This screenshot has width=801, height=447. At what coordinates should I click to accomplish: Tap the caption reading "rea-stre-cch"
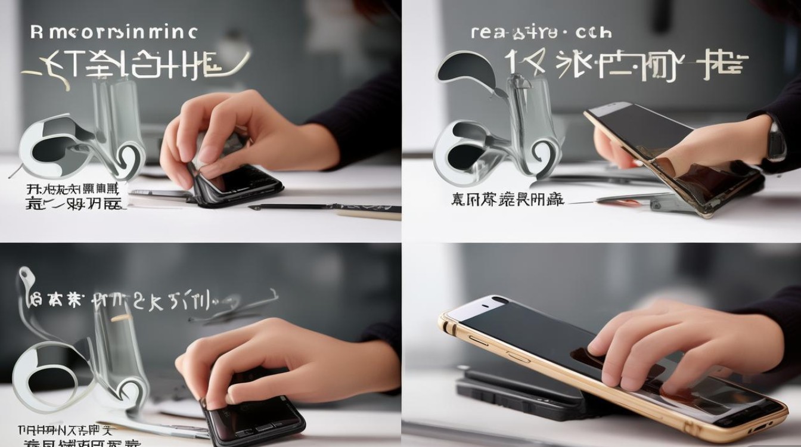(541, 32)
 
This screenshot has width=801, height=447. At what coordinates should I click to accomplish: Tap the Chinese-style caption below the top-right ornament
(507, 200)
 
